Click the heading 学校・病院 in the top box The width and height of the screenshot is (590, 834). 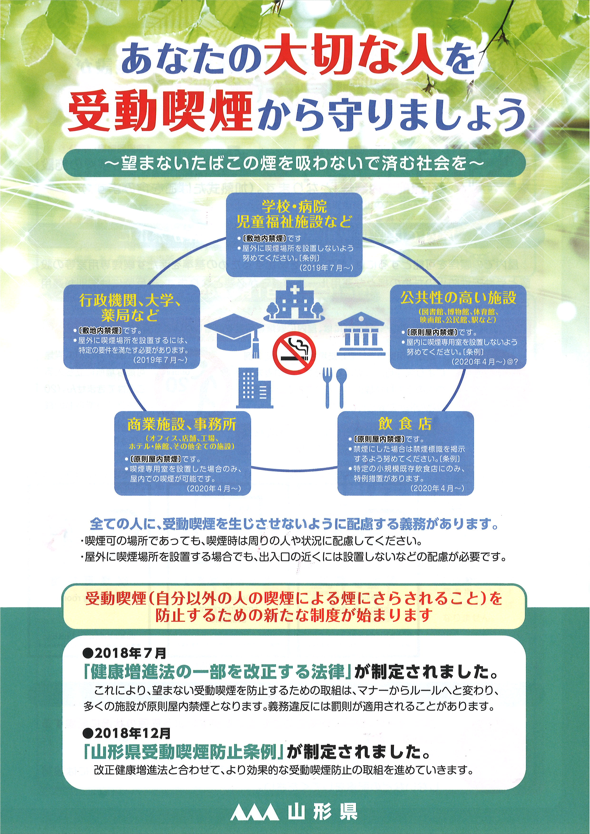point(294,207)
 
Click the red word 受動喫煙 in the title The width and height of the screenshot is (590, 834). point(160,112)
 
